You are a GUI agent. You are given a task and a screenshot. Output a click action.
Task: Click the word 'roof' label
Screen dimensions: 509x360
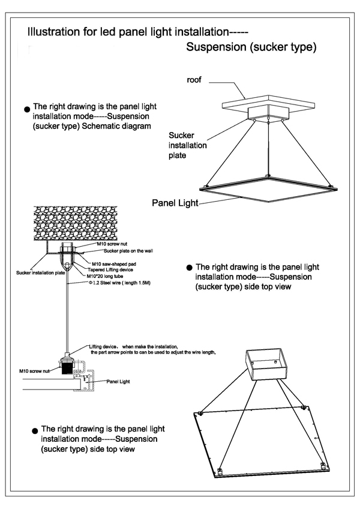(x=194, y=79)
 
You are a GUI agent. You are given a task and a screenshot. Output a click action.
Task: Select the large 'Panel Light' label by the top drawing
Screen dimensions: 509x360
(x=175, y=203)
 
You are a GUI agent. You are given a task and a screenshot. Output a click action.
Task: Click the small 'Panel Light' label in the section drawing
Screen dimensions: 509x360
(x=118, y=381)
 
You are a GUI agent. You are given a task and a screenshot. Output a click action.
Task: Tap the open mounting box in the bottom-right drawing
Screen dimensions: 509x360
(x=266, y=364)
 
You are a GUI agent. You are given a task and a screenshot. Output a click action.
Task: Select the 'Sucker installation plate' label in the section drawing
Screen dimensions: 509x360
(x=41, y=272)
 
